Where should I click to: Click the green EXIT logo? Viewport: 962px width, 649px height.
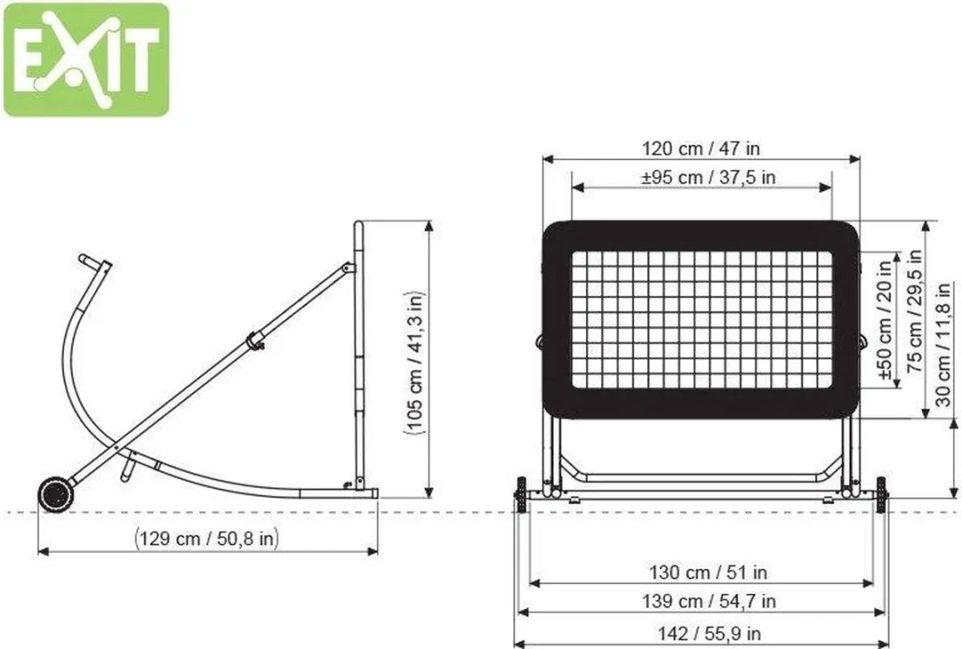click(86, 60)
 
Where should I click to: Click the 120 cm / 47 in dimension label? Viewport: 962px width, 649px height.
click(701, 149)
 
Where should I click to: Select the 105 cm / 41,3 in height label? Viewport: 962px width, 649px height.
click(415, 363)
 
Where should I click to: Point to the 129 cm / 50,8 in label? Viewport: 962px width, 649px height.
click(207, 539)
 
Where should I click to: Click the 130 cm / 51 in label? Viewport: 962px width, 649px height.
click(708, 572)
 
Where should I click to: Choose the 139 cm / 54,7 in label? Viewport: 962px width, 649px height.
click(709, 601)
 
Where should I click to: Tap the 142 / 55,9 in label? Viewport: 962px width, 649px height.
click(709, 633)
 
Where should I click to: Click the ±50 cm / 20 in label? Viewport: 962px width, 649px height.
click(885, 320)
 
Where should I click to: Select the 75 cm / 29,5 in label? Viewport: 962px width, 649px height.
click(915, 311)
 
